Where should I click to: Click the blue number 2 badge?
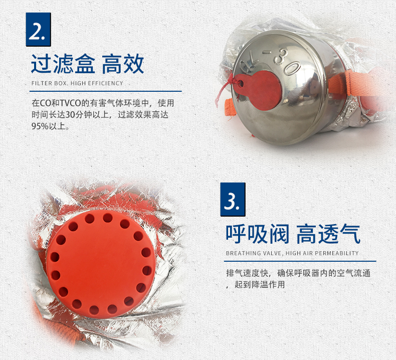39,30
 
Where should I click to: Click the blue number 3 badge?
233,200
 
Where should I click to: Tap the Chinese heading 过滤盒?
63,64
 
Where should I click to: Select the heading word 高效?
123,64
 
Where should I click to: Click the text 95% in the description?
40,126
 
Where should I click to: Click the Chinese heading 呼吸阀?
257,234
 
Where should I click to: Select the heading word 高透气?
328,234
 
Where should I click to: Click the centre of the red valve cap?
101,264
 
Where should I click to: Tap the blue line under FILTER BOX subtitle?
106,91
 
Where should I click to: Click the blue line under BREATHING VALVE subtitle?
300,261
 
